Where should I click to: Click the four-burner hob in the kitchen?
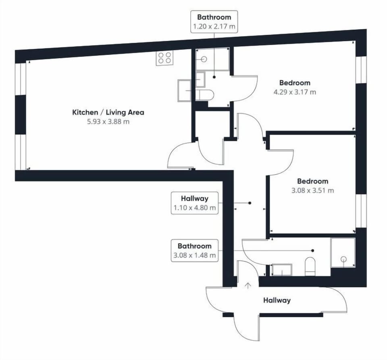(164, 58)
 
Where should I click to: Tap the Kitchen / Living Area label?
(108, 113)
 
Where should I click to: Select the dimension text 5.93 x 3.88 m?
(108, 121)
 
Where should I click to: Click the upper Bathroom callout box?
(214, 21)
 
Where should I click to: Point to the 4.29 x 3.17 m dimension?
(295, 92)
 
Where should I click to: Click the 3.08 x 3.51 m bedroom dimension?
(313, 190)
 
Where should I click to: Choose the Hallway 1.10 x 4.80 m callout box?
(195, 203)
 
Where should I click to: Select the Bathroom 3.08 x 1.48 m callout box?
(195, 251)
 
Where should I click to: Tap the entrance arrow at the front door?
(248, 286)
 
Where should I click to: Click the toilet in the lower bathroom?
(310, 267)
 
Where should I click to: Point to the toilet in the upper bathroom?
(204, 95)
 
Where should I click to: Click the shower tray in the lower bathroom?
(343, 253)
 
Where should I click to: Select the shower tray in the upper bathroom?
(212, 59)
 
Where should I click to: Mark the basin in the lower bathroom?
(282, 270)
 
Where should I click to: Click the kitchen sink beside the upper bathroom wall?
(184, 90)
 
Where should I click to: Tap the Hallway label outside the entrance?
(277, 300)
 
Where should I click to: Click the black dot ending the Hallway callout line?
(250, 203)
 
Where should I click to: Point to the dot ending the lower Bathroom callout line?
(313, 251)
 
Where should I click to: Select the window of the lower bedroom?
(361, 211)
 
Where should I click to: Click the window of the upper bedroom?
(361, 70)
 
